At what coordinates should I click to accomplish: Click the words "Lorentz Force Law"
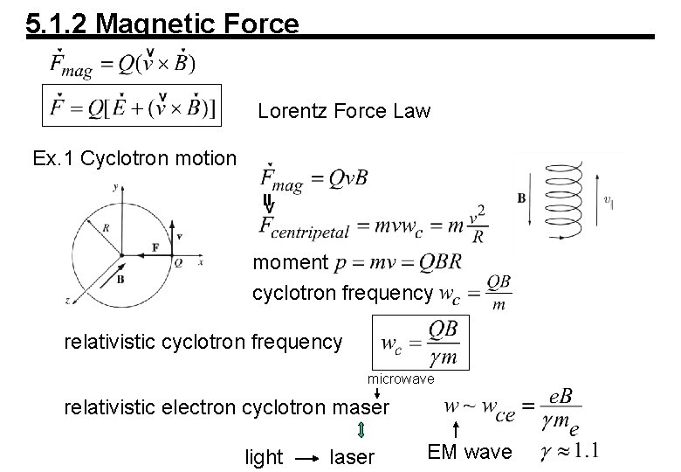coord(344,112)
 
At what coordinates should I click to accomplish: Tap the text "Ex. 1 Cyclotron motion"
coord(134,158)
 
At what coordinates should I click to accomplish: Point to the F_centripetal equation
coord(374,225)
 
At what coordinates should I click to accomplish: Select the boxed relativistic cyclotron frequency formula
coord(420,342)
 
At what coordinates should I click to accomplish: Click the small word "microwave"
coord(399,379)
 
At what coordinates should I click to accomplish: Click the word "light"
coord(264,456)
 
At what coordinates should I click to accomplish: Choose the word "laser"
coord(353,456)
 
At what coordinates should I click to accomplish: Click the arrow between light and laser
coord(305,457)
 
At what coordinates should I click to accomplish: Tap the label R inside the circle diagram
coord(106,227)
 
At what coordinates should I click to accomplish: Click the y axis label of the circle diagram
coord(116,186)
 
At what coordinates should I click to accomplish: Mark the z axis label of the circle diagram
coord(69,299)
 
